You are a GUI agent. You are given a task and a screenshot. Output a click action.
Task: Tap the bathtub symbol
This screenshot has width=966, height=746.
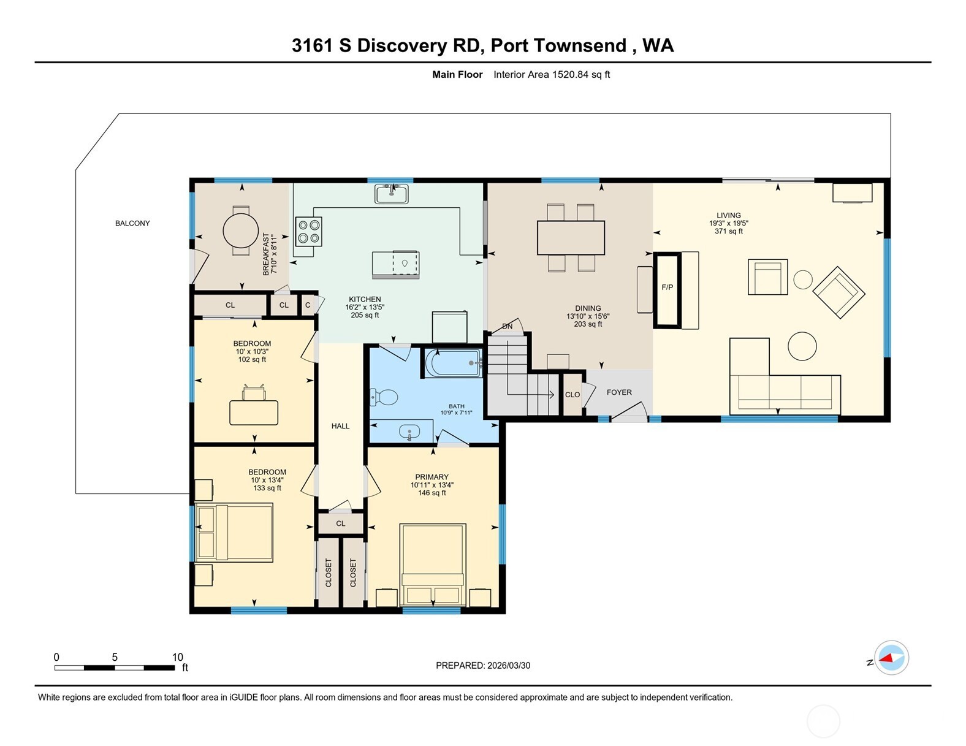pos(454,363)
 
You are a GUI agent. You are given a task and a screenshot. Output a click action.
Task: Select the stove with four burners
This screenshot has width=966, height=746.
pos(308,232)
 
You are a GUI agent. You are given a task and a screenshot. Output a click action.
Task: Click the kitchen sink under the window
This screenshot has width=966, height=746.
pos(391,194)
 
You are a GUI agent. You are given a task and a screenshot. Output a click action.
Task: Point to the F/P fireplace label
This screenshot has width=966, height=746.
pos(667,287)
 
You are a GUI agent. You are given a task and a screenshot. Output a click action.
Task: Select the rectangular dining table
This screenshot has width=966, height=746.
pos(571,237)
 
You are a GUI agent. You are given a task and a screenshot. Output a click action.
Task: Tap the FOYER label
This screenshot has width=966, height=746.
pos(618,392)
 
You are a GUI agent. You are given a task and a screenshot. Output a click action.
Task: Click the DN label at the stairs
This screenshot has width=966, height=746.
pos(507,326)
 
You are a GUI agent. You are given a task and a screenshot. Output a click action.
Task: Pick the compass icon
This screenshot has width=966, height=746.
pos(891,658)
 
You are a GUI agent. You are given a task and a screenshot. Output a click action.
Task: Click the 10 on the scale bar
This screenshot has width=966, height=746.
pos(177,657)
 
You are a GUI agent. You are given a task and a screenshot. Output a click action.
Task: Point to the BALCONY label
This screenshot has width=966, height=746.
pos(132,223)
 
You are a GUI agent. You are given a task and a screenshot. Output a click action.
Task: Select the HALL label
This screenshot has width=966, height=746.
pos(340,426)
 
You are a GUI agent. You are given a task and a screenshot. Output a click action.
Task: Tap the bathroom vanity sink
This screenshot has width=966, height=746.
pos(409,432)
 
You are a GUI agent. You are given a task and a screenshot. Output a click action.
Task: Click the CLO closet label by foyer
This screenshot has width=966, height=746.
pos(572,395)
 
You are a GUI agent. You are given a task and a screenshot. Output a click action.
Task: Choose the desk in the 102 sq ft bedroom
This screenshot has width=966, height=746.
pos(254,412)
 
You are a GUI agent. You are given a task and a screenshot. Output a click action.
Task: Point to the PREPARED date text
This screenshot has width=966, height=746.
pos(483,665)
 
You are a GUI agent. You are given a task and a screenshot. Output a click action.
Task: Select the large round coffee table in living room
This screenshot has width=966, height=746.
pos(802,346)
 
